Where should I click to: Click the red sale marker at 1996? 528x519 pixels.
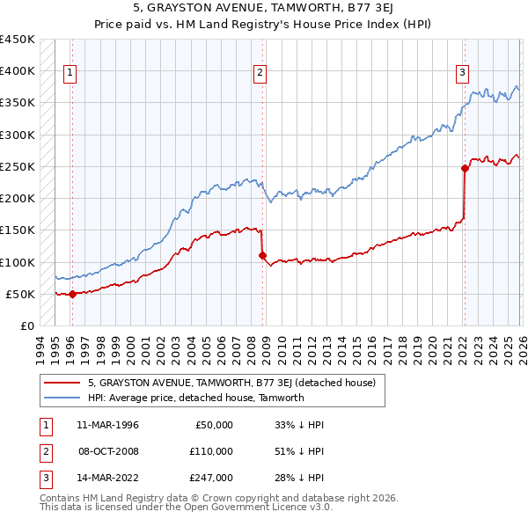click(x=72, y=295)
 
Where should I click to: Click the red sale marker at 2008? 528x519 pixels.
click(x=262, y=256)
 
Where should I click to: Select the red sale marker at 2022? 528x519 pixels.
click(x=465, y=168)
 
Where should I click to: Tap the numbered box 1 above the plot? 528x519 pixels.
click(x=70, y=74)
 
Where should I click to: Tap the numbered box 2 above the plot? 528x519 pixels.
click(x=260, y=74)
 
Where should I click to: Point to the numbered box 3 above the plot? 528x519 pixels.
click(x=462, y=74)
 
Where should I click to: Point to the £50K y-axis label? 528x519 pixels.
click(x=21, y=294)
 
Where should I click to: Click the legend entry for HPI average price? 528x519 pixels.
click(x=195, y=398)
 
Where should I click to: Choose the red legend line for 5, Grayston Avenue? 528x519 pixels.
click(x=62, y=383)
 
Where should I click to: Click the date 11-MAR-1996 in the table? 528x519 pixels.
click(x=107, y=425)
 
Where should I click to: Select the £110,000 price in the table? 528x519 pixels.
click(x=211, y=451)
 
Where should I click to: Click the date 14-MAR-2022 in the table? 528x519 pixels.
click(x=107, y=478)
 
